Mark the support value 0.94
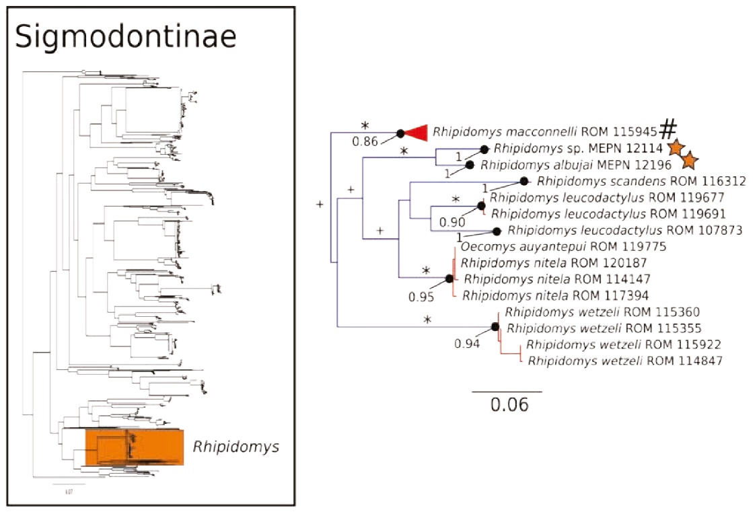pyautogui.click(x=466, y=344)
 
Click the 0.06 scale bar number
pyautogui.click(x=507, y=406)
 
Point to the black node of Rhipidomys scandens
pyautogui.click(x=524, y=182)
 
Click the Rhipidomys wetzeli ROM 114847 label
pyautogui.click(x=625, y=361)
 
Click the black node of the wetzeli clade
pyautogui.click(x=495, y=327)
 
